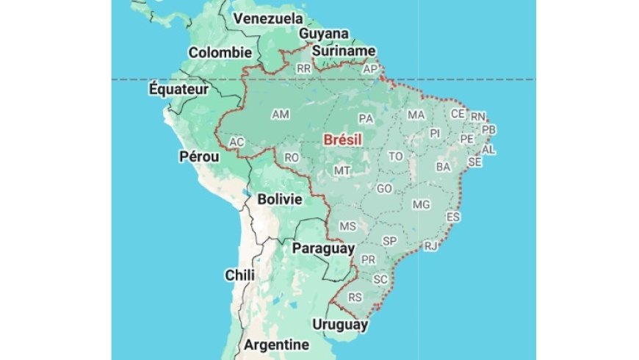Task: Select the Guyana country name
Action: click(323, 34)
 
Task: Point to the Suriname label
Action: click(343, 51)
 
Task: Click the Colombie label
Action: click(220, 53)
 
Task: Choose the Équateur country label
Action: click(179, 89)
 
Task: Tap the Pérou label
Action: click(199, 156)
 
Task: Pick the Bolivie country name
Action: click(280, 199)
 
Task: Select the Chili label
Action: click(240, 275)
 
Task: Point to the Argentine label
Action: click(276, 345)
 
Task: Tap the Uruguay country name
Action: click(339, 324)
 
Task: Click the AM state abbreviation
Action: click(281, 115)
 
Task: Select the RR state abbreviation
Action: click(304, 68)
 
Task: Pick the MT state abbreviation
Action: click(342, 170)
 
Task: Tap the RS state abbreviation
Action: click(355, 298)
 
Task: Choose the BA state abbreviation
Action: click(443, 167)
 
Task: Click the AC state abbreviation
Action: click(237, 142)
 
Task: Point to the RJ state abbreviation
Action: click(430, 245)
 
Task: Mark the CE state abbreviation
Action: click(458, 114)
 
